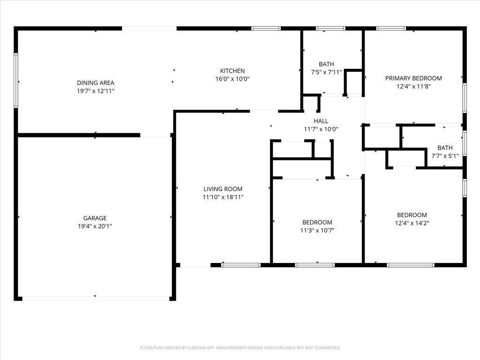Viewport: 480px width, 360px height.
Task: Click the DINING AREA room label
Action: click(96, 83)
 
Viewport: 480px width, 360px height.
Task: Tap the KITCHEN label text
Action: click(232, 71)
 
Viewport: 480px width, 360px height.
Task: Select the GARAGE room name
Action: click(95, 218)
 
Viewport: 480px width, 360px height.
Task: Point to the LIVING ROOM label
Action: click(223, 189)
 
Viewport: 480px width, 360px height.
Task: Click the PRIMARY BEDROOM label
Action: click(413, 78)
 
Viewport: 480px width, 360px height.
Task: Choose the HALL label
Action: click(321, 121)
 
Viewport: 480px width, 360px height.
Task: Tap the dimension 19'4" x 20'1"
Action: click(95, 226)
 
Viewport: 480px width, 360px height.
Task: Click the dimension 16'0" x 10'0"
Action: click(232, 79)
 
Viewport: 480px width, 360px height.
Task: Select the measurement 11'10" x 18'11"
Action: click(223, 197)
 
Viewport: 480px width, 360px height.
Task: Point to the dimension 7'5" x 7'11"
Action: click(326, 72)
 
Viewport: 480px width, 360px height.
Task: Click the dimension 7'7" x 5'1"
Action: click(445, 156)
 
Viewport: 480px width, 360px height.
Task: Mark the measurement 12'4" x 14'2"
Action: click(412, 223)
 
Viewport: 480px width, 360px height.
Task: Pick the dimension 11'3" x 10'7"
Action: click(317, 230)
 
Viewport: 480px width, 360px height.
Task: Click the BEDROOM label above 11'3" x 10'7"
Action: click(317, 222)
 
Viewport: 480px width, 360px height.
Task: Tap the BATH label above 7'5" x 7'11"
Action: click(326, 64)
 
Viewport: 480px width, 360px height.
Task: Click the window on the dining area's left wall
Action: click(16, 81)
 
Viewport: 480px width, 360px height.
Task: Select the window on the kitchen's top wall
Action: click(266, 29)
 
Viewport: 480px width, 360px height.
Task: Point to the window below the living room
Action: click(240, 265)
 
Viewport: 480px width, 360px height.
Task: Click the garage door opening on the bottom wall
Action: click(96, 298)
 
